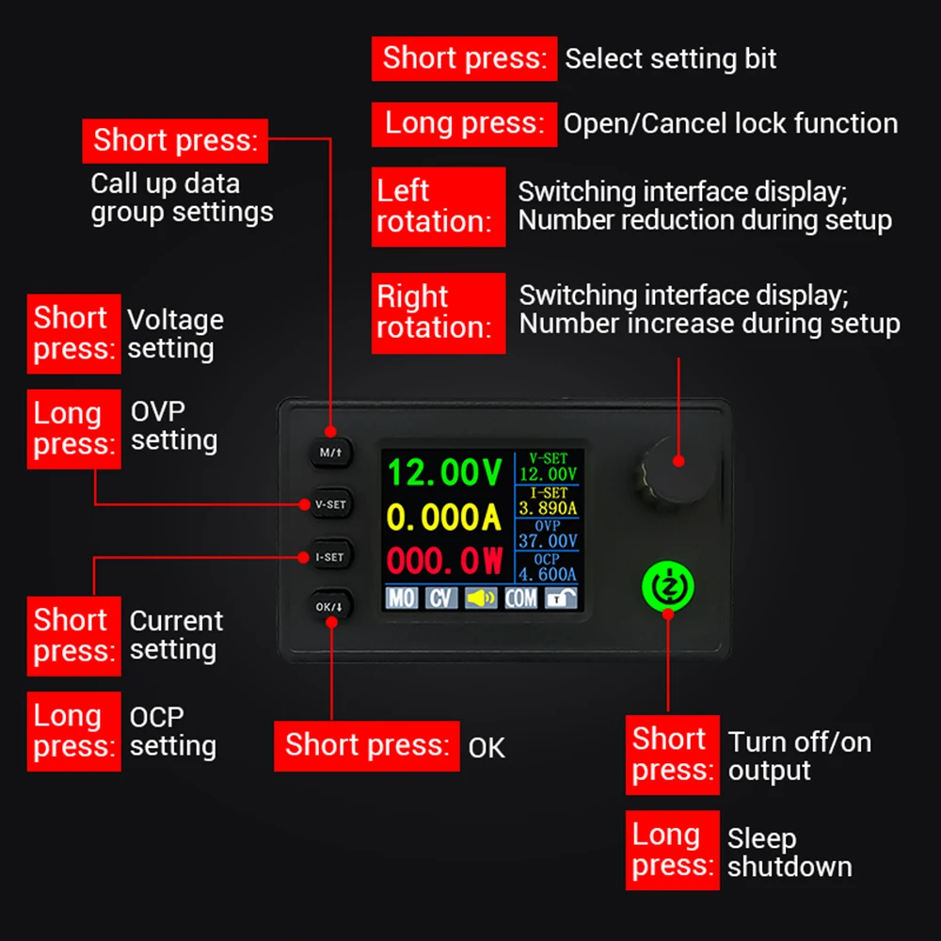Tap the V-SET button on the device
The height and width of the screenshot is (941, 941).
pos(330,504)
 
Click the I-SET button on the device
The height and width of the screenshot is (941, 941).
pos(330,557)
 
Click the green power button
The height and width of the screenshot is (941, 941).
pos(668,586)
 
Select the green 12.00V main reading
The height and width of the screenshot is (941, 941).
pos(445,472)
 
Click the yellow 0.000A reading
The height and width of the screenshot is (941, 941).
pos(443,517)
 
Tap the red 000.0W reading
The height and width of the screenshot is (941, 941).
pos(445,561)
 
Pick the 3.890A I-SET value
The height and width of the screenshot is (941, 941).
pos(548,508)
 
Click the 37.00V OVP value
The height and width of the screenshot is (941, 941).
pos(548,541)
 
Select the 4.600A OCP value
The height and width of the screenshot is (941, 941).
pos(548,574)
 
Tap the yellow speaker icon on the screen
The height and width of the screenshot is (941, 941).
pos(481,598)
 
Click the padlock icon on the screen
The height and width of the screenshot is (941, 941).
pos(561,598)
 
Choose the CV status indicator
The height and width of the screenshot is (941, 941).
pos(441,598)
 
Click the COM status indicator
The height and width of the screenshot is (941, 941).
pos(521,598)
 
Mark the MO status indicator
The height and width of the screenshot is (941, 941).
pos(402,598)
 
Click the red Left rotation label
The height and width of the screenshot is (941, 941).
pos(439,206)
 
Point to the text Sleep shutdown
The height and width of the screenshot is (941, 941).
pos(789,853)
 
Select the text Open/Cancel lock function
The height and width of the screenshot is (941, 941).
pos(730,123)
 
